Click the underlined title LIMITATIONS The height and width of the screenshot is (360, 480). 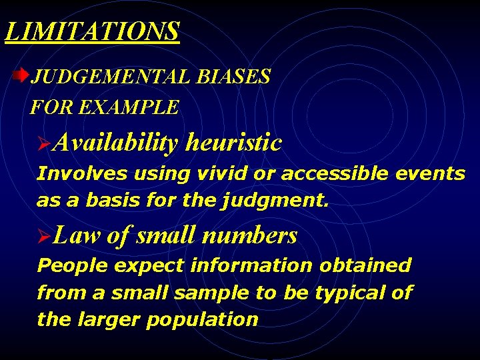point(92,31)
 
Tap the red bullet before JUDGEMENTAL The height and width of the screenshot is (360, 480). point(23,75)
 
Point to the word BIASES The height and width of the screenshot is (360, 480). point(233,77)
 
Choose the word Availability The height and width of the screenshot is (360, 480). point(116,143)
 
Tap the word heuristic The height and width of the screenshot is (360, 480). point(234,143)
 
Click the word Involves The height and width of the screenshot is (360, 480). point(82,174)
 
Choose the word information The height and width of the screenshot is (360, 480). point(251,265)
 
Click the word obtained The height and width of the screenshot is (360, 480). point(365,265)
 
